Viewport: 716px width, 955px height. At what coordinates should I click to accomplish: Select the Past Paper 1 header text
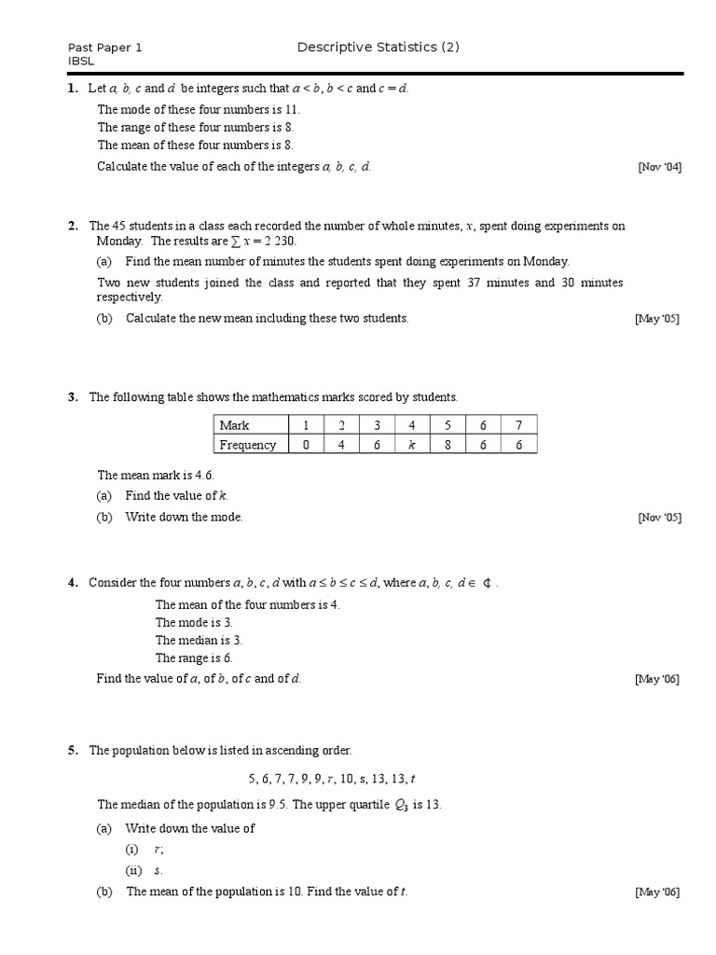coord(104,48)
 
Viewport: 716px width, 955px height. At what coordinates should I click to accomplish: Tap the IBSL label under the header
coord(81,62)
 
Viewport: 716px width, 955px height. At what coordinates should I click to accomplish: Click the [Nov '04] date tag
coord(659,167)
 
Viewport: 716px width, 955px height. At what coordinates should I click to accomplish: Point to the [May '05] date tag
coord(657,319)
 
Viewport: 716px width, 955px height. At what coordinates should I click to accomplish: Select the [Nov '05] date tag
coord(659,518)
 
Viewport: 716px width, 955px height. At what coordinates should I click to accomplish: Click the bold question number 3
coord(72,397)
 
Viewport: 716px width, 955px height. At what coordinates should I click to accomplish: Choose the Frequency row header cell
coord(247,445)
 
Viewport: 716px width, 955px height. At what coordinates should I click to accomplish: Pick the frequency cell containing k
coord(411,445)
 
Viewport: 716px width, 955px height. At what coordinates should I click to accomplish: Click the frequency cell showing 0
coord(306,445)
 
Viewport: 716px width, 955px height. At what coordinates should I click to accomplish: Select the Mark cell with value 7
coord(518,425)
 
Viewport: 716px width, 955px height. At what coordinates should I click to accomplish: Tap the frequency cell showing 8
coord(447,445)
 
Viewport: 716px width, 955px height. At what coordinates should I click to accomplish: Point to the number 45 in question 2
coord(118,227)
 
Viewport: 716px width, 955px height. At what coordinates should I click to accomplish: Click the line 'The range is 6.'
coord(194,657)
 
